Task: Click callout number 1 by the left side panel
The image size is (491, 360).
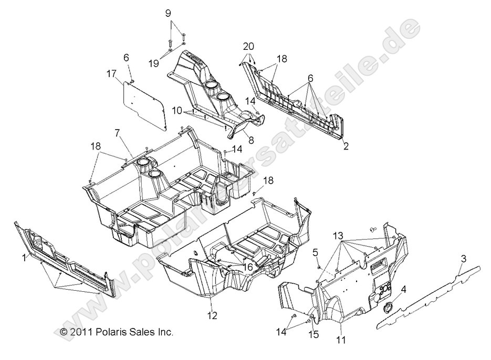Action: tap(23, 257)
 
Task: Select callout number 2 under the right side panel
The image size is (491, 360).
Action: tap(346, 147)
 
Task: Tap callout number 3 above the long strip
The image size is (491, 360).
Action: tap(464, 258)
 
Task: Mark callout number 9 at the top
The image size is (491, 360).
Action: tap(168, 13)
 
